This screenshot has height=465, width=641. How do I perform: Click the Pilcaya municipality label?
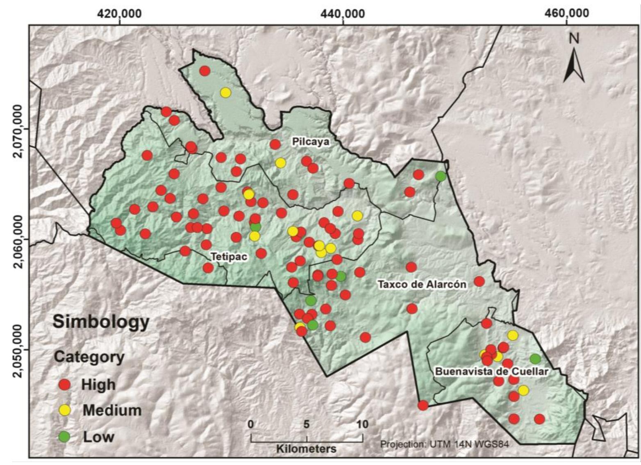click(x=310, y=142)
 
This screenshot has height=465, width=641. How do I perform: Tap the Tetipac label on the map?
click(x=229, y=257)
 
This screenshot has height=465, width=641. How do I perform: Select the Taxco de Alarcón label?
click(x=422, y=284)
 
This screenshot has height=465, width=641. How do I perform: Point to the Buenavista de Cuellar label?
click(x=491, y=372)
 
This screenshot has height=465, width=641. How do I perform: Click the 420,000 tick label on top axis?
click(x=119, y=14)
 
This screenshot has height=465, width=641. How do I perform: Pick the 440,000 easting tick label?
click(x=343, y=14)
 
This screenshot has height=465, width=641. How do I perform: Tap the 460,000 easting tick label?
click(x=568, y=14)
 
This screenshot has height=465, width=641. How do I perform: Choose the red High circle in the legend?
click(x=65, y=385)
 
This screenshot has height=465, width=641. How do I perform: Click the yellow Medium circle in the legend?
click(x=65, y=410)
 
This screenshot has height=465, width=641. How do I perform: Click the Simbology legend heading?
click(x=101, y=322)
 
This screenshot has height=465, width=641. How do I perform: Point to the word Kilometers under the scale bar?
click(x=306, y=449)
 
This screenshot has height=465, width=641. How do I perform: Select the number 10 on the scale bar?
click(x=362, y=424)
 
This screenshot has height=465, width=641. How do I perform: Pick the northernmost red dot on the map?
click(x=205, y=71)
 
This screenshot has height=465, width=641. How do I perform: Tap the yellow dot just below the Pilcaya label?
click(x=280, y=163)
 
